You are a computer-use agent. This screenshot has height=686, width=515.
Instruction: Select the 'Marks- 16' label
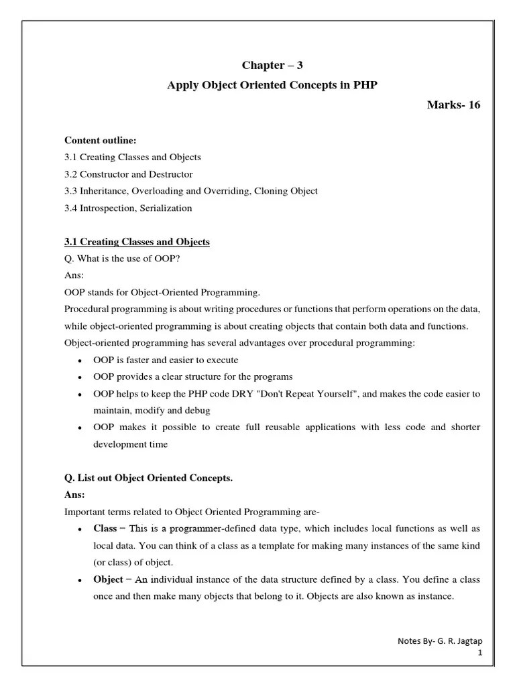454,105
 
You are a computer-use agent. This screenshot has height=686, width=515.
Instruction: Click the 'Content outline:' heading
100,140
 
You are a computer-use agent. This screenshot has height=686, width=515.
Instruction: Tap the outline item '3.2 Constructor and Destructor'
128,174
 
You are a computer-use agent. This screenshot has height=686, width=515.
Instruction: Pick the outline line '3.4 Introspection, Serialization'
128,208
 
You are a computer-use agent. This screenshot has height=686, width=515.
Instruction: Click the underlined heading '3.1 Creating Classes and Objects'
137,242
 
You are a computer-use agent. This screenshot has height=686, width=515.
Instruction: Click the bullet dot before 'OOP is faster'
80,360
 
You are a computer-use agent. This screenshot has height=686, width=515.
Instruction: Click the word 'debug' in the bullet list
198,410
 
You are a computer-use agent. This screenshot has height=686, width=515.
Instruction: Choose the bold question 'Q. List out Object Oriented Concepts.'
148,478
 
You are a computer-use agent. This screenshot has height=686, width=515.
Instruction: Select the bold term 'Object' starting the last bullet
108,579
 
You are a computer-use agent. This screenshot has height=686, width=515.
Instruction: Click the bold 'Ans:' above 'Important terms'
74,494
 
